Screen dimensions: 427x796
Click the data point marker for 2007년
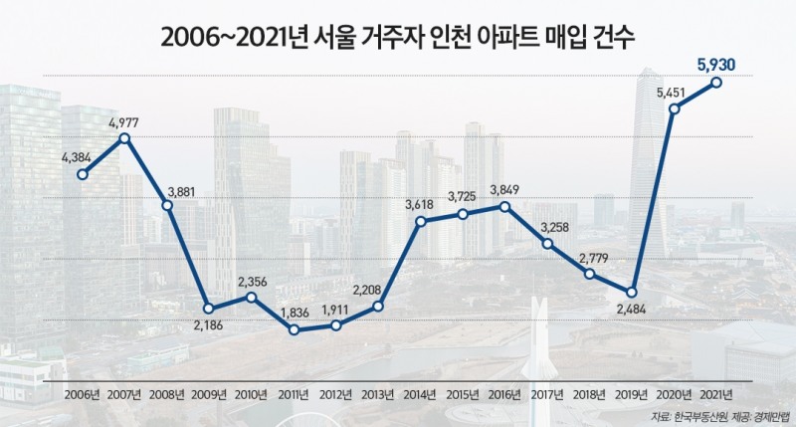tap(124, 138)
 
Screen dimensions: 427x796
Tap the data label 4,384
tap(80, 157)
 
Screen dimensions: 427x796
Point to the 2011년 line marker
tap(294, 329)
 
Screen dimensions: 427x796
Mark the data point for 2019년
tap(632, 292)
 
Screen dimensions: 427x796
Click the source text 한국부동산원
tap(703, 415)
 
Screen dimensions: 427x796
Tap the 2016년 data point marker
tap(505, 207)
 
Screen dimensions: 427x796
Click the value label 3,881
tap(166, 189)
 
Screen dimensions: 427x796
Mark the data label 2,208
tap(378, 290)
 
